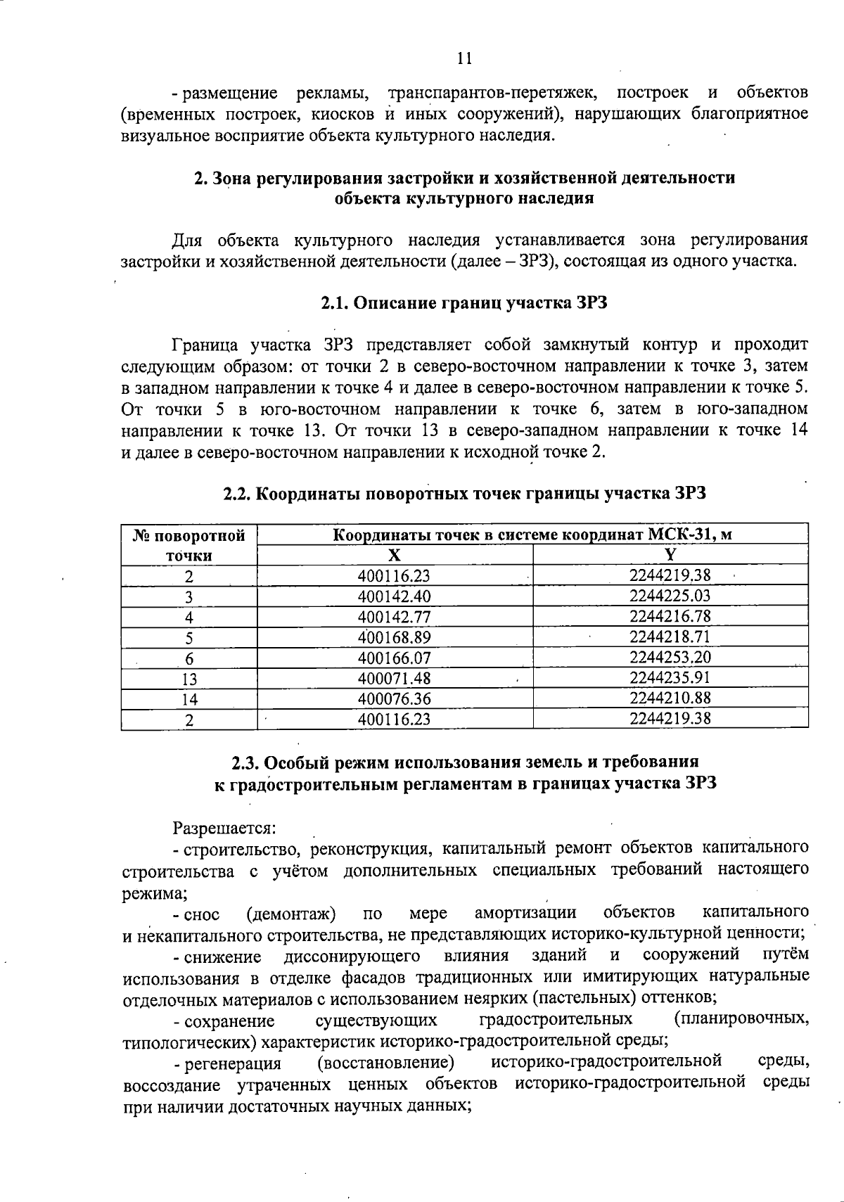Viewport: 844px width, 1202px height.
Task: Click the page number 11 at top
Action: tap(463, 59)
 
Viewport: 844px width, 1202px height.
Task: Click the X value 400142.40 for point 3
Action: tap(394, 596)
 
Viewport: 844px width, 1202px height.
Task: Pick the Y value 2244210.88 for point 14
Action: tap(670, 698)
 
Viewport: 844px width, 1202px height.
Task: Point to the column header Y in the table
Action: tap(670, 554)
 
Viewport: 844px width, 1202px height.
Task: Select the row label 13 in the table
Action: tap(188, 679)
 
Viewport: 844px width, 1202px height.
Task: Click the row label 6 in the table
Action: tap(188, 658)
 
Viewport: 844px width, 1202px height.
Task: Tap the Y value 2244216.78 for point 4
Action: tap(670, 617)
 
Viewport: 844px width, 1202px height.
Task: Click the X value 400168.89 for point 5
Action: tap(394, 637)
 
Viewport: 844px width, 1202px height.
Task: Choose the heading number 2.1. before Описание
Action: tap(335, 304)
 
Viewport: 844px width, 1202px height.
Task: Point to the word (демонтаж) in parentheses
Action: tap(290, 914)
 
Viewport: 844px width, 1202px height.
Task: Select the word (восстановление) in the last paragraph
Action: tap(385, 1062)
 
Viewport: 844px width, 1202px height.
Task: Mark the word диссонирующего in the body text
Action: tap(352, 957)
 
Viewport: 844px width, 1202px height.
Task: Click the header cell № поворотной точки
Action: tap(188, 545)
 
